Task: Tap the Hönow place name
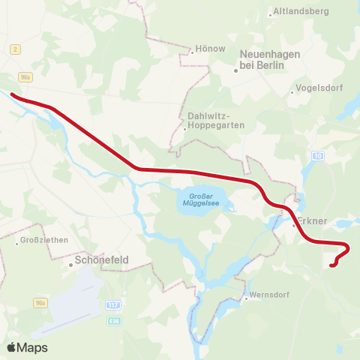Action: (209, 49)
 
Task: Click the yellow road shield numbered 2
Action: (15, 49)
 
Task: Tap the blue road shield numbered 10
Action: (318, 156)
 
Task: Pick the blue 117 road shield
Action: (113, 304)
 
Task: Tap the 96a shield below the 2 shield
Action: (26, 77)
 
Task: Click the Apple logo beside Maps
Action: (12, 347)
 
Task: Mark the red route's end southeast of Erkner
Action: (332, 264)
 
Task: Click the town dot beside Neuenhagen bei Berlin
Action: (235, 71)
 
